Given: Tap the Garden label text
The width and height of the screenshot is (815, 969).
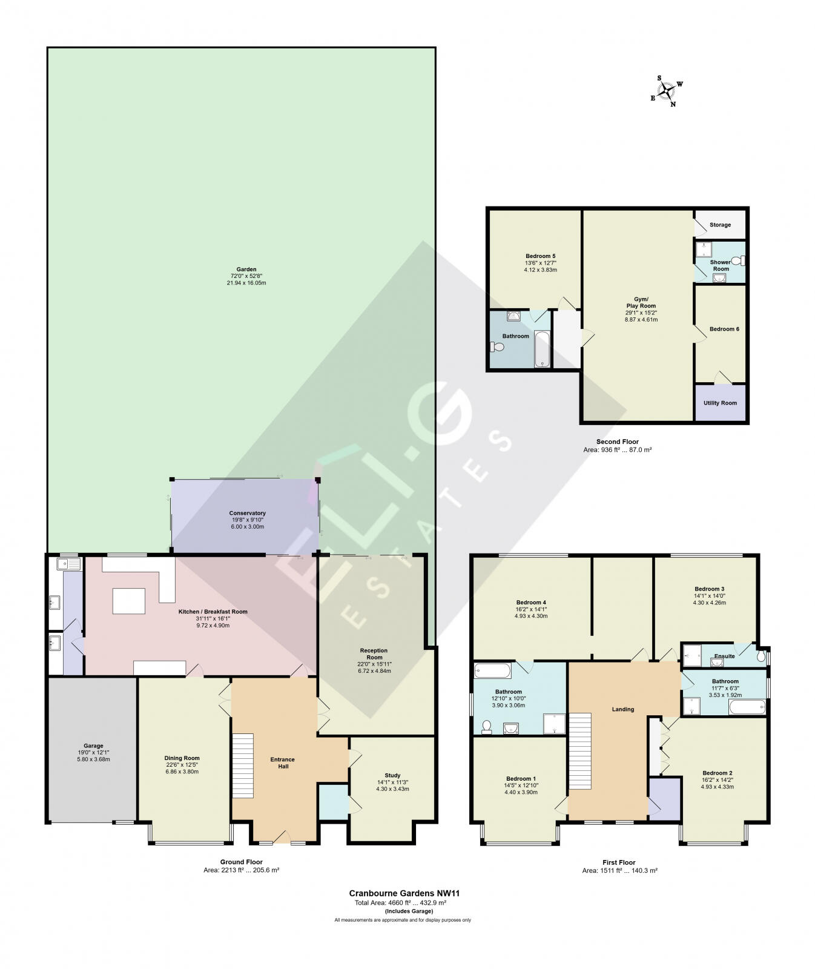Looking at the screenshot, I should (x=246, y=270).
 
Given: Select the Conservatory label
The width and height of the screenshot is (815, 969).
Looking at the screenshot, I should (x=247, y=514).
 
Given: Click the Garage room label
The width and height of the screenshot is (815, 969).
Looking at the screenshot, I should (x=93, y=746).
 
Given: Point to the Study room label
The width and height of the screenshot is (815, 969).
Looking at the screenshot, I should (x=392, y=775).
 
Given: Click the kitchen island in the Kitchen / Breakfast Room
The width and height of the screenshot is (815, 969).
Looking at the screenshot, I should (x=129, y=601).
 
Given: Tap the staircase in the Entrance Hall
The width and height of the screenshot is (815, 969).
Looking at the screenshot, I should (x=243, y=766).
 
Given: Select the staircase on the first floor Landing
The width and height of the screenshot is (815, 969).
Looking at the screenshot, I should (x=579, y=751).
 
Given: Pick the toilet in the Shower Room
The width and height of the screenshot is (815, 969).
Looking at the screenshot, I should (x=737, y=261).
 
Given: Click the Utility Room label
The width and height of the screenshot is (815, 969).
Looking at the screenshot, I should (x=720, y=403).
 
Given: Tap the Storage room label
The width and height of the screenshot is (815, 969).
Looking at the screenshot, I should (x=720, y=225).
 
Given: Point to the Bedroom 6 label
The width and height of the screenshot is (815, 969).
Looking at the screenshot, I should (x=724, y=329).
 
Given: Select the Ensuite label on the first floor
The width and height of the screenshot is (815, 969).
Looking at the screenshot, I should (x=724, y=656).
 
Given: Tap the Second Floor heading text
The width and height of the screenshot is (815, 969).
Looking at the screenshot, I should (x=617, y=442).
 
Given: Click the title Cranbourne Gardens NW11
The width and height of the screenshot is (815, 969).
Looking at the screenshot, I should (x=400, y=893).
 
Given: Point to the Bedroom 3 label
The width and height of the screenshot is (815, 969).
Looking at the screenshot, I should (x=709, y=589).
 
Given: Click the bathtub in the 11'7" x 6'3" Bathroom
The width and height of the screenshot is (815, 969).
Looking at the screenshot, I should (x=747, y=707).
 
